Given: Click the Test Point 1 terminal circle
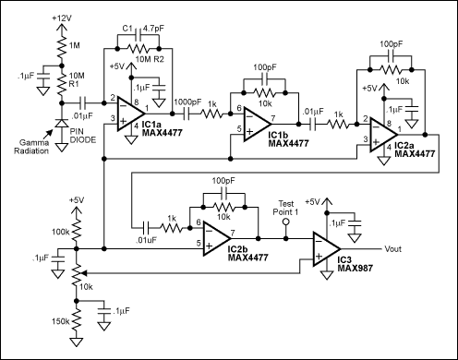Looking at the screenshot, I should (x=285, y=222).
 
